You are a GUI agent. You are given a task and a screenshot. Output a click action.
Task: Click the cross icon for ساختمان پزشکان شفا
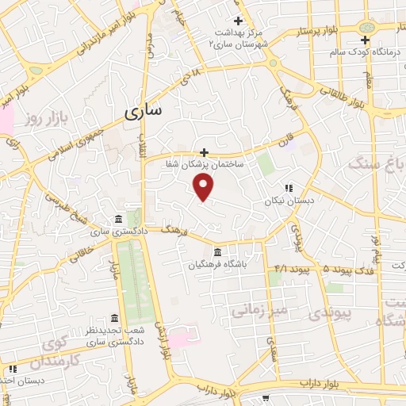[204, 151]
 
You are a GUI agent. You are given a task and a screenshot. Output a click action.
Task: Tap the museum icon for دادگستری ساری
[118, 219]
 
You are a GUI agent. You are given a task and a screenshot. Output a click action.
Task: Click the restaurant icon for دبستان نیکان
[289, 188]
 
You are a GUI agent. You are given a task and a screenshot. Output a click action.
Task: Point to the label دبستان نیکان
[290, 201]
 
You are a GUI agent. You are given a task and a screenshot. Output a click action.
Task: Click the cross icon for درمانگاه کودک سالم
[365, 40]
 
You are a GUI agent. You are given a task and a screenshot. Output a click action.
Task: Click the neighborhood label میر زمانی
[259, 308]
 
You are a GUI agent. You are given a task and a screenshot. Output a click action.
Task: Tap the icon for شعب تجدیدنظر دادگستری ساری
[115, 317]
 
